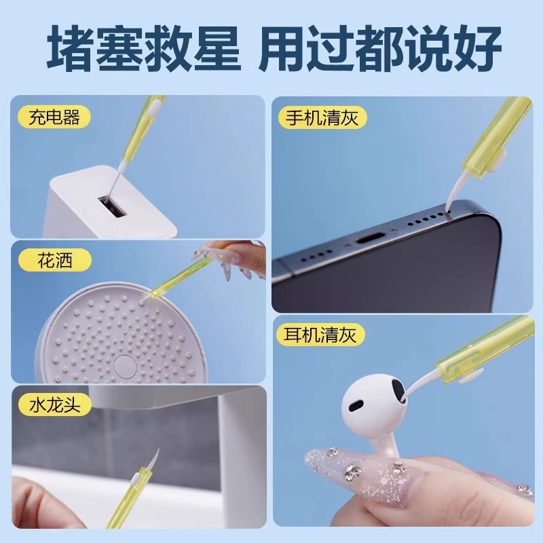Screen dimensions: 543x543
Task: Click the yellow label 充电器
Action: (x=55, y=117)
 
